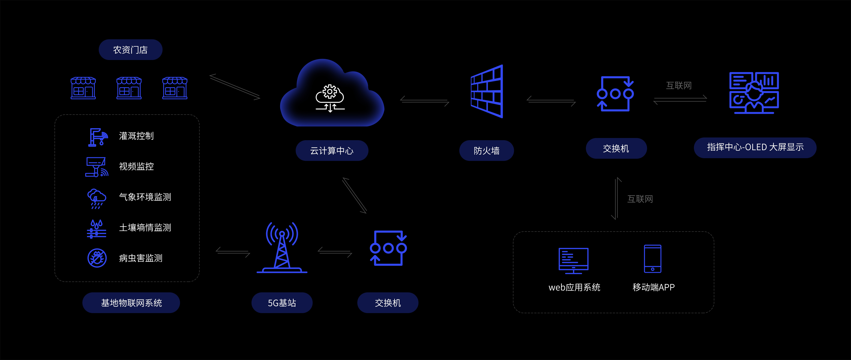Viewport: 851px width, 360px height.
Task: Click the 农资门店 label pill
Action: [x=130, y=50]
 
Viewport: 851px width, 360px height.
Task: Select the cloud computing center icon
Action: [x=331, y=94]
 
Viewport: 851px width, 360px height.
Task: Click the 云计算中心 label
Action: [x=332, y=151]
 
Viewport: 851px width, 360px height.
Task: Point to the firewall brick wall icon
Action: [x=487, y=91]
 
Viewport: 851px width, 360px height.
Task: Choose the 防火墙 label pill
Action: [x=486, y=151]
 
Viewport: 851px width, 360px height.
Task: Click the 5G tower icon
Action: [x=282, y=248]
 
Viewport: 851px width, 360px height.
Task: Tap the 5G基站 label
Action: [x=282, y=303]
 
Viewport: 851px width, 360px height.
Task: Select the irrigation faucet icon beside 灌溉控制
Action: [x=97, y=137]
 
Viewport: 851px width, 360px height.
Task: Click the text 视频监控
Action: [x=136, y=166]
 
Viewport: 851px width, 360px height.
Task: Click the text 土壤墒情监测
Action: [x=145, y=227]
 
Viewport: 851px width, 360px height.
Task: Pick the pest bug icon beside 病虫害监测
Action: [x=97, y=258]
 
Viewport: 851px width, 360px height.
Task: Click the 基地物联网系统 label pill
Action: [x=131, y=303]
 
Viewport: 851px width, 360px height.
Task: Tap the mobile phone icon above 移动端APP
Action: [x=652, y=259]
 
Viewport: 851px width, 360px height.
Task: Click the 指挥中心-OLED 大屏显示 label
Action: [x=755, y=147]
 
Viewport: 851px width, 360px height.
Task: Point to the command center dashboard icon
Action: [x=754, y=93]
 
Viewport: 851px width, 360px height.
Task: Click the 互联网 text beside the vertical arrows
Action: [x=640, y=199]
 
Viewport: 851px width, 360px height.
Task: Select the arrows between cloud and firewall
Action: [x=424, y=101]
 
